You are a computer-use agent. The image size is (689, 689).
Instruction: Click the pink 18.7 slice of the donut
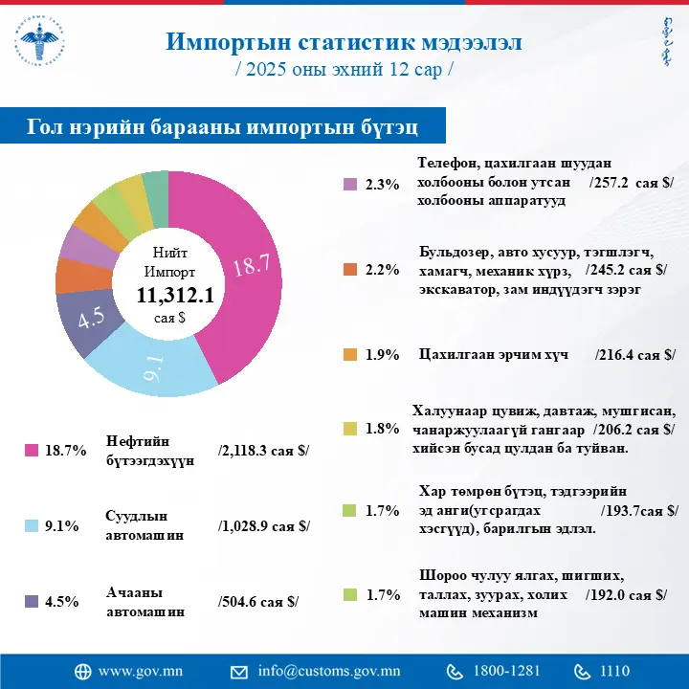(x=251, y=268)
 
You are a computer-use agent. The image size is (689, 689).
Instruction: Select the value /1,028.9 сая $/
(x=264, y=525)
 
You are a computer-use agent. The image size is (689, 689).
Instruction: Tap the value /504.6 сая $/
(x=258, y=601)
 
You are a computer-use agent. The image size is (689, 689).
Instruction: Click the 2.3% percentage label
(x=383, y=185)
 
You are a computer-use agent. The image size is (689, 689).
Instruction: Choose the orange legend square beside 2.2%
(x=350, y=269)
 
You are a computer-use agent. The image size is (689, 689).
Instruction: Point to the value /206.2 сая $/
(x=633, y=429)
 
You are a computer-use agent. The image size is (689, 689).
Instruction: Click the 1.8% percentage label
(x=383, y=429)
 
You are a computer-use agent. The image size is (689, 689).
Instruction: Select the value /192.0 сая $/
(x=626, y=594)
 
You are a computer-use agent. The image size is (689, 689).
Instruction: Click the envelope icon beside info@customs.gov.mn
(x=239, y=671)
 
